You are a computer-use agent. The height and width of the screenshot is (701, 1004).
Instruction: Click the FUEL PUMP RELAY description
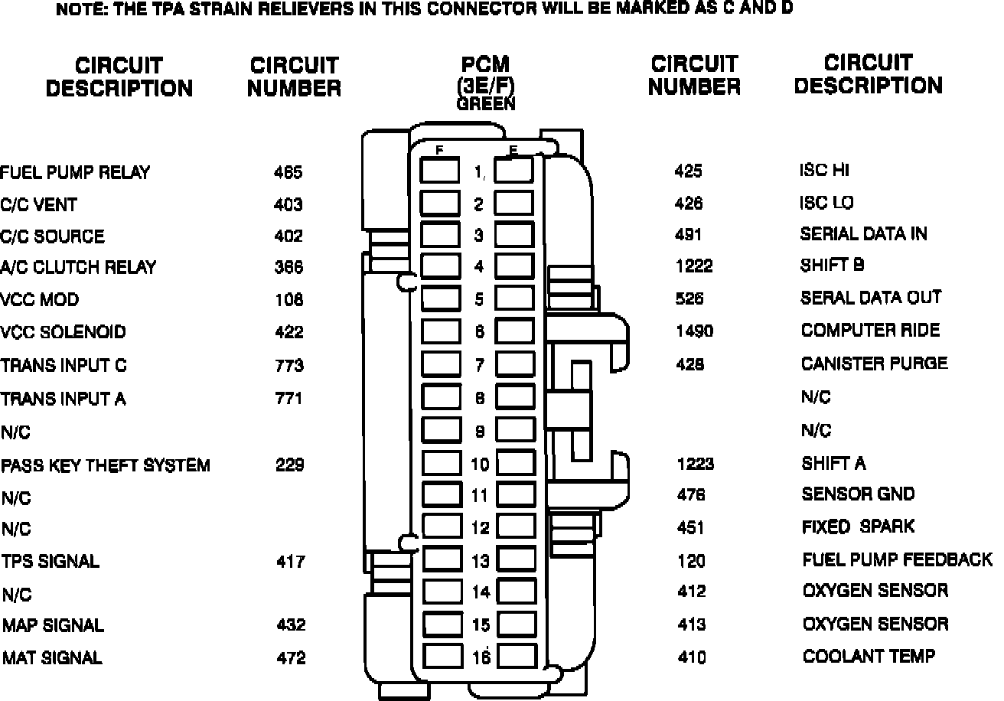(x=75, y=172)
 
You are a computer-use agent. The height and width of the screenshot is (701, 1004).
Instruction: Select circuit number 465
(x=288, y=172)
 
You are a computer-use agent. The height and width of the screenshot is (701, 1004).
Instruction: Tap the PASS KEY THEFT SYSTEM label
(x=106, y=465)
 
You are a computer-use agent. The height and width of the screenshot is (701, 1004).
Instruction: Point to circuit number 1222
(x=694, y=266)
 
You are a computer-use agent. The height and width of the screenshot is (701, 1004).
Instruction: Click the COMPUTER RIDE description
(x=870, y=331)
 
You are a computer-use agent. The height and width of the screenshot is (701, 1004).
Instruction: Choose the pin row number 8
(x=479, y=398)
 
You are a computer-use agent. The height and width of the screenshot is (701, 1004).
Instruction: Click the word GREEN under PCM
(x=486, y=103)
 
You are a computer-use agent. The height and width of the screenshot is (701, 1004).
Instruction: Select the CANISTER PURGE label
(x=874, y=364)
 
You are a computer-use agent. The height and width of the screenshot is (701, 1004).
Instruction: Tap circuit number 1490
(x=694, y=331)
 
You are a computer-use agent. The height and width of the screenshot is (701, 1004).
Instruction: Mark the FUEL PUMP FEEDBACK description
(x=897, y=559)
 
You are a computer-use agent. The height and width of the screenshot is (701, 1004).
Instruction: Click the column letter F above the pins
(x=439, y=151)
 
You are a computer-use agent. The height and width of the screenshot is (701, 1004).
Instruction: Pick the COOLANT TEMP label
(x=869, y=657)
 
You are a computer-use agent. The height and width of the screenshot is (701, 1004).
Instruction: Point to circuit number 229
(x=290, y=465)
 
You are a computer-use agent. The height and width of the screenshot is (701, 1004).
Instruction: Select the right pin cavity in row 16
(x=517, y=656)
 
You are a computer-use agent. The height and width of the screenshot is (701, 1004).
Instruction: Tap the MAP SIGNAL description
(x=53, y=625)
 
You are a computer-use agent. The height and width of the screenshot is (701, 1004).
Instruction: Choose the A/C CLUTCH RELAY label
(x=78, y=268)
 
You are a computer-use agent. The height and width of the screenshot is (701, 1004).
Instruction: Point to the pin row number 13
(x=480, y=561)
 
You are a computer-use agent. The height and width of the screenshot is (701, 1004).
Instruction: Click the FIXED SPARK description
(x=858, y=527)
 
